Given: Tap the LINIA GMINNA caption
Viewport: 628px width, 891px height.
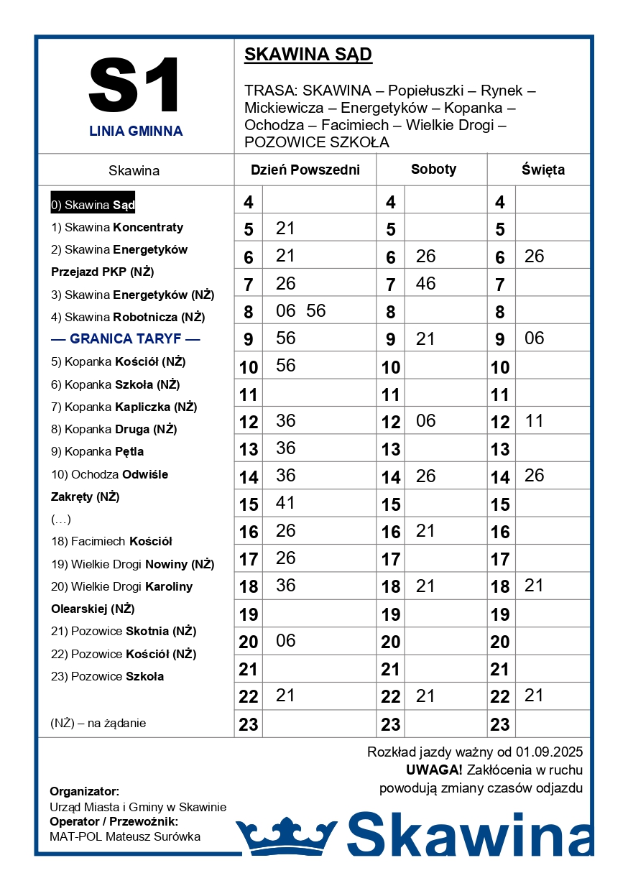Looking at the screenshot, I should (136, 131).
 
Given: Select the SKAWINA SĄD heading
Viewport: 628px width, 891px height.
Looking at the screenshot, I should (308, 55).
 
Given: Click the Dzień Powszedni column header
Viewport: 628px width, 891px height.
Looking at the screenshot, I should (305, 170).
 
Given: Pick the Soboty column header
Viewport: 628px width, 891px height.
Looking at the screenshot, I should (433, 170).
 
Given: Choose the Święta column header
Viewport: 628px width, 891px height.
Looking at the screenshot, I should (542, 170).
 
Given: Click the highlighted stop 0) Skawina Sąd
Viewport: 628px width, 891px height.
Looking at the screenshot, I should (93, 205).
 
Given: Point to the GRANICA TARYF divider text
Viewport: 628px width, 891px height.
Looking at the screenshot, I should (126, 339).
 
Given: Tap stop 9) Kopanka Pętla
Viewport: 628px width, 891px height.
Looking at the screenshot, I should (97, 452).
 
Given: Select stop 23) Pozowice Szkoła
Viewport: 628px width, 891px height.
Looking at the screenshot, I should (107, 676).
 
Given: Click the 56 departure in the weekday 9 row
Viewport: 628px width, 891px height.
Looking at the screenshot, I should (286, 338).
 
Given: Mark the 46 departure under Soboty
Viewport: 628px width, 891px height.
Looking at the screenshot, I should (425, 283).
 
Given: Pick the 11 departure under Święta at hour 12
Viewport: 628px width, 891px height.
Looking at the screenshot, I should (534, 420).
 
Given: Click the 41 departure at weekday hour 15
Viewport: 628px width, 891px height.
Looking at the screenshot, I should (286, 503).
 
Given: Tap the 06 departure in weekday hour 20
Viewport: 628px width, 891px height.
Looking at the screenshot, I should (286, 640).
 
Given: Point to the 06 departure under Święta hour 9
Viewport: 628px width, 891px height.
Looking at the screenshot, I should (534, 338).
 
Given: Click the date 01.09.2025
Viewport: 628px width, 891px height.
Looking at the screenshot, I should (549, 752).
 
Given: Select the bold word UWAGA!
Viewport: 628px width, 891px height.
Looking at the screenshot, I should (434, 770).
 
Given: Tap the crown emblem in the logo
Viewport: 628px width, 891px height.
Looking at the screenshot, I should (286, 836).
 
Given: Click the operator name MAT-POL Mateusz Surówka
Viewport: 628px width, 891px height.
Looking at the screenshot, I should (125, 836).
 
